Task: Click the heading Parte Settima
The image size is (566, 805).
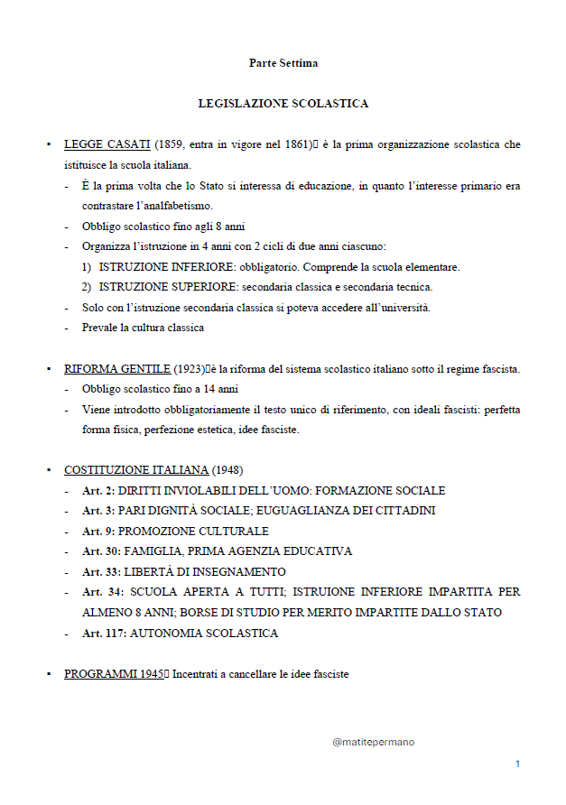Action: (x=283, y=63)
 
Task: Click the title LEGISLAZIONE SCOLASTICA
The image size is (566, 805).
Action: (x=283, y=104)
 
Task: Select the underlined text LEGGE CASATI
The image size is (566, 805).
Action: (x=107, y=144)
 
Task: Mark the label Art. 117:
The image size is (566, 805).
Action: (x=104, y=634)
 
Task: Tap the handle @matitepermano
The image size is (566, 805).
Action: (x=373, y=742)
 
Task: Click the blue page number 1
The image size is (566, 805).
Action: (x=517, y=764)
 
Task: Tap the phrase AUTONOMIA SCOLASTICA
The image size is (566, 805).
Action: (x=204, y=634)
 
